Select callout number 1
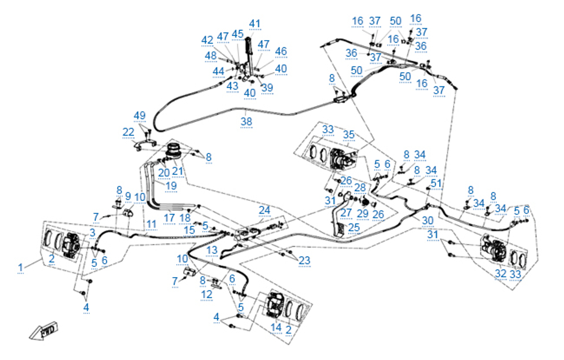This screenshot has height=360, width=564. click(21, 266)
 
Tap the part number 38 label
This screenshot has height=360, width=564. click(246, 121)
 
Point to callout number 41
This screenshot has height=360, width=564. click(255, 24)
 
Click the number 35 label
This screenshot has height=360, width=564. click(349, 134)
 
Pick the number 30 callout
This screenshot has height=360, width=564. click(429, 219)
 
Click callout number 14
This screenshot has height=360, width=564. click(276, 327)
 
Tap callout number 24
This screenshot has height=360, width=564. click(265, 210)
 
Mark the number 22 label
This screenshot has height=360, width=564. click(129, 131)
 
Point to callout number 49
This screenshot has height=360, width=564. click(139, 116)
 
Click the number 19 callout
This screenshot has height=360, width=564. click(170, 185)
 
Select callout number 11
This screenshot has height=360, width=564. click(151, 224)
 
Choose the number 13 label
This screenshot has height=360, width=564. click(211, 249)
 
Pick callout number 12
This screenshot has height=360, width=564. click(207, 294)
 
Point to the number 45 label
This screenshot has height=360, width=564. click(237, 34)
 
